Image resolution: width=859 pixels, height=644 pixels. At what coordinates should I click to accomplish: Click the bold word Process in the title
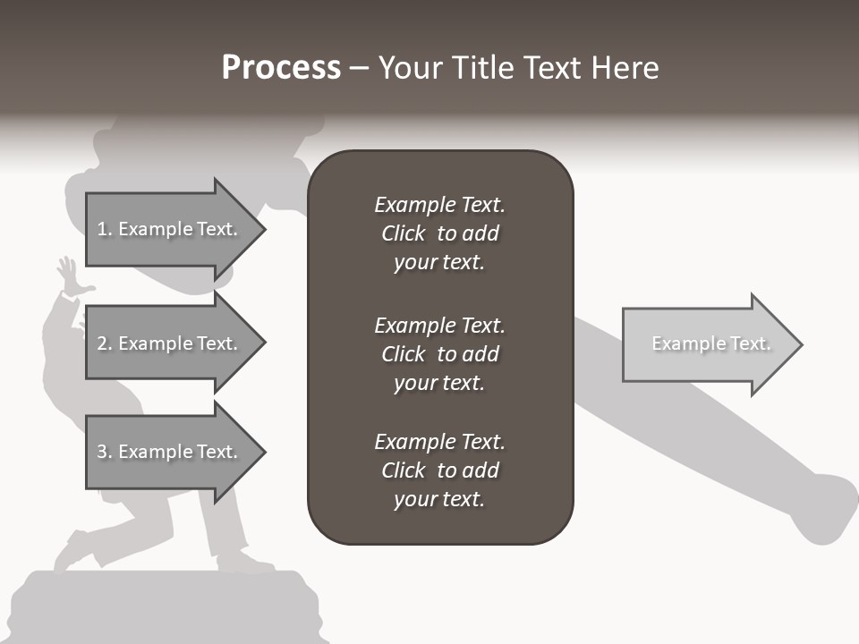click(x=281, y=68)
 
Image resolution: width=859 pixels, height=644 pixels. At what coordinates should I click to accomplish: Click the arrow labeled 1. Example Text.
click(x=170, y=229)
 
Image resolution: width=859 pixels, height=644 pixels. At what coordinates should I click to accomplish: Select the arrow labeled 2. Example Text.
click(x=170, y=343)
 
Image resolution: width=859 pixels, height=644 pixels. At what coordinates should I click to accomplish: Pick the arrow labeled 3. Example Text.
click(x=170, y=452)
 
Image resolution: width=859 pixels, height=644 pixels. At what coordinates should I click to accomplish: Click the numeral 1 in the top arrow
click(x=101, y=229)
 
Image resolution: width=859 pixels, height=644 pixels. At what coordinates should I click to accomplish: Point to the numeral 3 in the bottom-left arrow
click(x=101, y=452)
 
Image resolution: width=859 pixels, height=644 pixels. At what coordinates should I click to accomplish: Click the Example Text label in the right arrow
click(x=710, y=343)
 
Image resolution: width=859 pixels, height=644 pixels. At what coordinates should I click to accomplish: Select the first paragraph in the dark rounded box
click(x=439, y=233)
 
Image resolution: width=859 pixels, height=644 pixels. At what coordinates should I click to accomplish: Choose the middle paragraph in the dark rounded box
click(x=439, y=354)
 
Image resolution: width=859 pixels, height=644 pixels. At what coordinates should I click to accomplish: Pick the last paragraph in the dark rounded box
click(x=439, y=470)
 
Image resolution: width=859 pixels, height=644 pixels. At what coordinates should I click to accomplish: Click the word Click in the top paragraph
click(x=404, y=233)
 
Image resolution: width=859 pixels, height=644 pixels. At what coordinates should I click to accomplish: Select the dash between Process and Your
click(x=359, y=68)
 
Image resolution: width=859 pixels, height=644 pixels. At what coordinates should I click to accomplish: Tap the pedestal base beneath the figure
click(x=161, y=608)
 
